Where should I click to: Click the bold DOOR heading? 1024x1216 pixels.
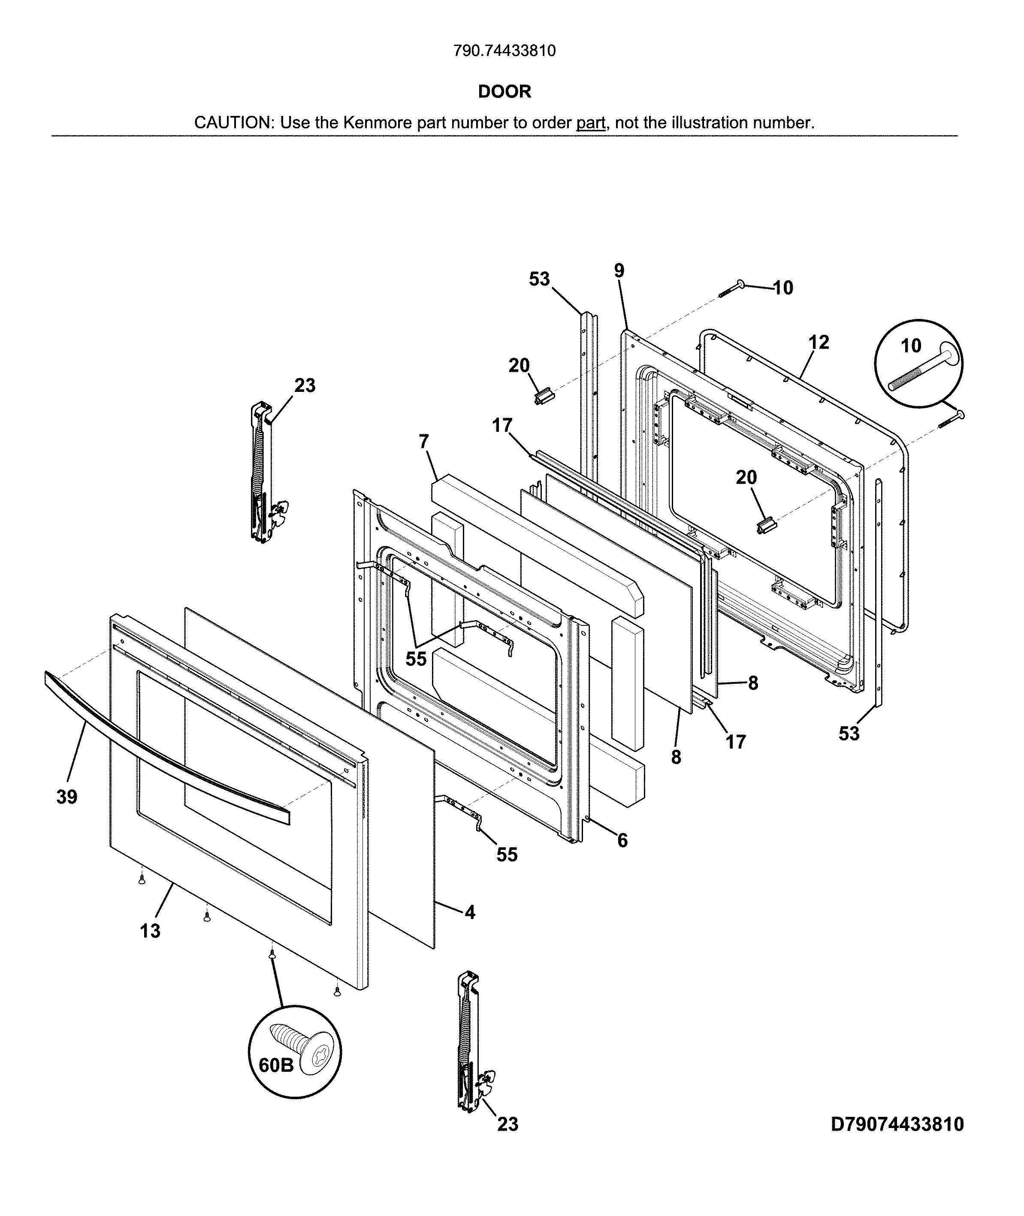tap(504, 92)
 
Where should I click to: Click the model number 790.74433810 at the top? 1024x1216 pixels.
tap(504, 51)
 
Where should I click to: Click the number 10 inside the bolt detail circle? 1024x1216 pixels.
tap(911, 346)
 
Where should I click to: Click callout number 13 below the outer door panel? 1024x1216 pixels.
tap(150, 931)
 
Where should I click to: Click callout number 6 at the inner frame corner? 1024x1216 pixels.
tap(622, 840)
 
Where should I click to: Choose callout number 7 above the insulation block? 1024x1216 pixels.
tap(424, 442)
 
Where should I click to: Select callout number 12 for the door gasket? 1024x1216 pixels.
tap(819, 342)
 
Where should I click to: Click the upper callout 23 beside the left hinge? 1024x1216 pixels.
tap(305, 385)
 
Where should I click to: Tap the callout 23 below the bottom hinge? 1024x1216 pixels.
tap(507, 1140)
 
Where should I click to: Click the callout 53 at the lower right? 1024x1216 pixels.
tap(849, 734)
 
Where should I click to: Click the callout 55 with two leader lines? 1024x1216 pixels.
tap(416, 659)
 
